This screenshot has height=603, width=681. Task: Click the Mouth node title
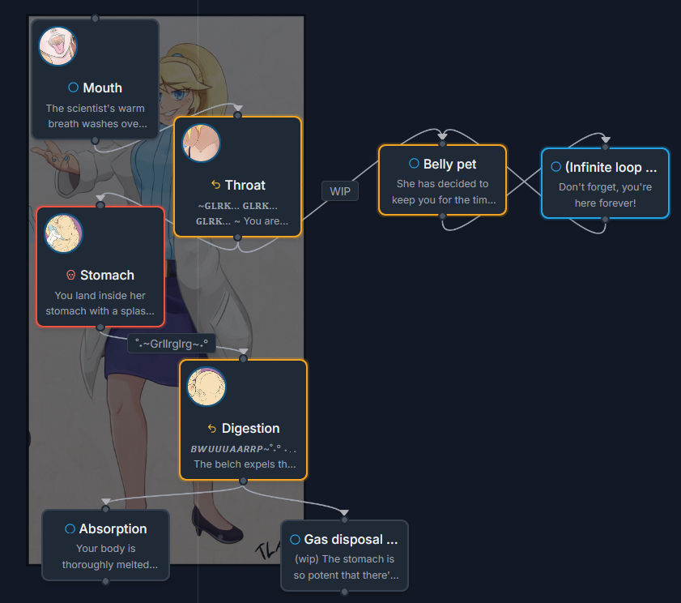(102, 88)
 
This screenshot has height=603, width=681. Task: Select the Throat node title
(245, 185)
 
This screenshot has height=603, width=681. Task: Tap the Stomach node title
(107, 275)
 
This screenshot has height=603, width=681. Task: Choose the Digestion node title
(250, 428)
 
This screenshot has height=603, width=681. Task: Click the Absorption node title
(113, 528)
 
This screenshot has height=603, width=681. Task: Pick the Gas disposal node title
(351, 539)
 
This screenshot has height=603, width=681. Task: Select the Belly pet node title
(449, 164)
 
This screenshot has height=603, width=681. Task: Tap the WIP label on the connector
(340, 191)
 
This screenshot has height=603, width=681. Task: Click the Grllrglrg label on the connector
(172, 344)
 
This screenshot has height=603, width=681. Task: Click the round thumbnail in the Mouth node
(58, 46)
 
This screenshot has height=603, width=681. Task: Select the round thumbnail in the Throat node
(201, 143)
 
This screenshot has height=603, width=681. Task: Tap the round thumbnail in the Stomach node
(63, 233)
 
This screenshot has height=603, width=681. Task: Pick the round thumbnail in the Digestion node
(206, 387)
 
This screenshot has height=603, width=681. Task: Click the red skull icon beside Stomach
(70, 275)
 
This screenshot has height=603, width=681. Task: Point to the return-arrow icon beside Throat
(215, 185)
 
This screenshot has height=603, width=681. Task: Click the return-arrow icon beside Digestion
(212, 428)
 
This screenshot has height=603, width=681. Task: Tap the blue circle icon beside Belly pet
(414, 164)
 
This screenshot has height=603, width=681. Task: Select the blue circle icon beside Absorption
(70, 528)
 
